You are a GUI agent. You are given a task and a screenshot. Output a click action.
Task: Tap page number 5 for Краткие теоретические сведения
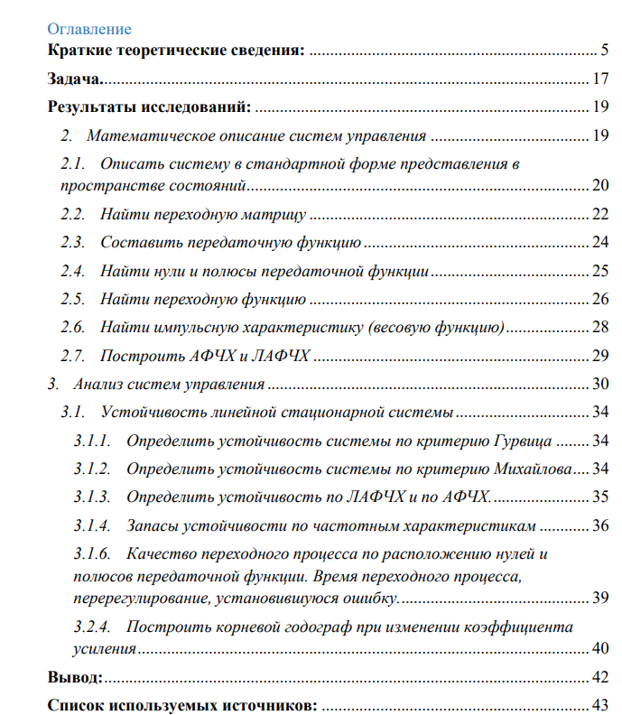(604, 50)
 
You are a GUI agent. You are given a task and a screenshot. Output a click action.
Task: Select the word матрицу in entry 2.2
(276, 215)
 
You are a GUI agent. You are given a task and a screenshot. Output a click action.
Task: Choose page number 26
(600, 298)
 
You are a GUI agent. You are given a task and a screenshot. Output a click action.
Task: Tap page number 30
(600, 384)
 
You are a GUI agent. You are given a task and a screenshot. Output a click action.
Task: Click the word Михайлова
(534, 469)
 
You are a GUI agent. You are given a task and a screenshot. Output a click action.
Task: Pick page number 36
(600, 525)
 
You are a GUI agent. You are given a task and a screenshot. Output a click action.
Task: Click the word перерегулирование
(134, 598)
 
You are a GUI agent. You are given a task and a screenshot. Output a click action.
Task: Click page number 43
(600, 704)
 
